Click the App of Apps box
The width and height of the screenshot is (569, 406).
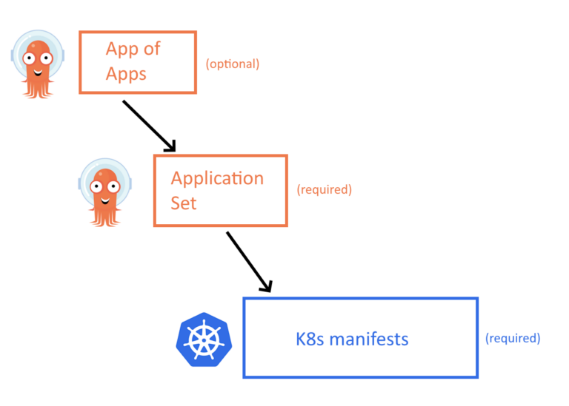click(x=137, y=62)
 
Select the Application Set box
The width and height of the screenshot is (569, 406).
click(x=220, y=190)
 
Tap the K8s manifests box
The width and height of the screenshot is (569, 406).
click(x=360, y=338)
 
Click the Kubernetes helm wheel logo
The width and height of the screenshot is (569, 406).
click(x=203, y=339)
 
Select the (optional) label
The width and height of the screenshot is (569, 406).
click(x=233, y=64)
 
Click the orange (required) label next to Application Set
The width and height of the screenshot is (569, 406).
click(x=324, y=189)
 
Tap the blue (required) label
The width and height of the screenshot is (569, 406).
click(x=513, y=338)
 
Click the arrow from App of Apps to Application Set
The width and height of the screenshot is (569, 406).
click(x=148, y=124)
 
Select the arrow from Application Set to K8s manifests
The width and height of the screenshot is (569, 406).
click(x=249, y=261)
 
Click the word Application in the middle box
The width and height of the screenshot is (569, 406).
click(x=217, y=179)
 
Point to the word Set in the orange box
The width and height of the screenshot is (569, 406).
click(x=184, y=202)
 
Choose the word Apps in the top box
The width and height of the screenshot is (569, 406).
click(x=126, y=74)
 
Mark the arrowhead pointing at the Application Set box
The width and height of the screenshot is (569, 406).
click(x=170, y=146)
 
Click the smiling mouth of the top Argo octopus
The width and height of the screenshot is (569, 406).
click(x=37, y=72)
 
